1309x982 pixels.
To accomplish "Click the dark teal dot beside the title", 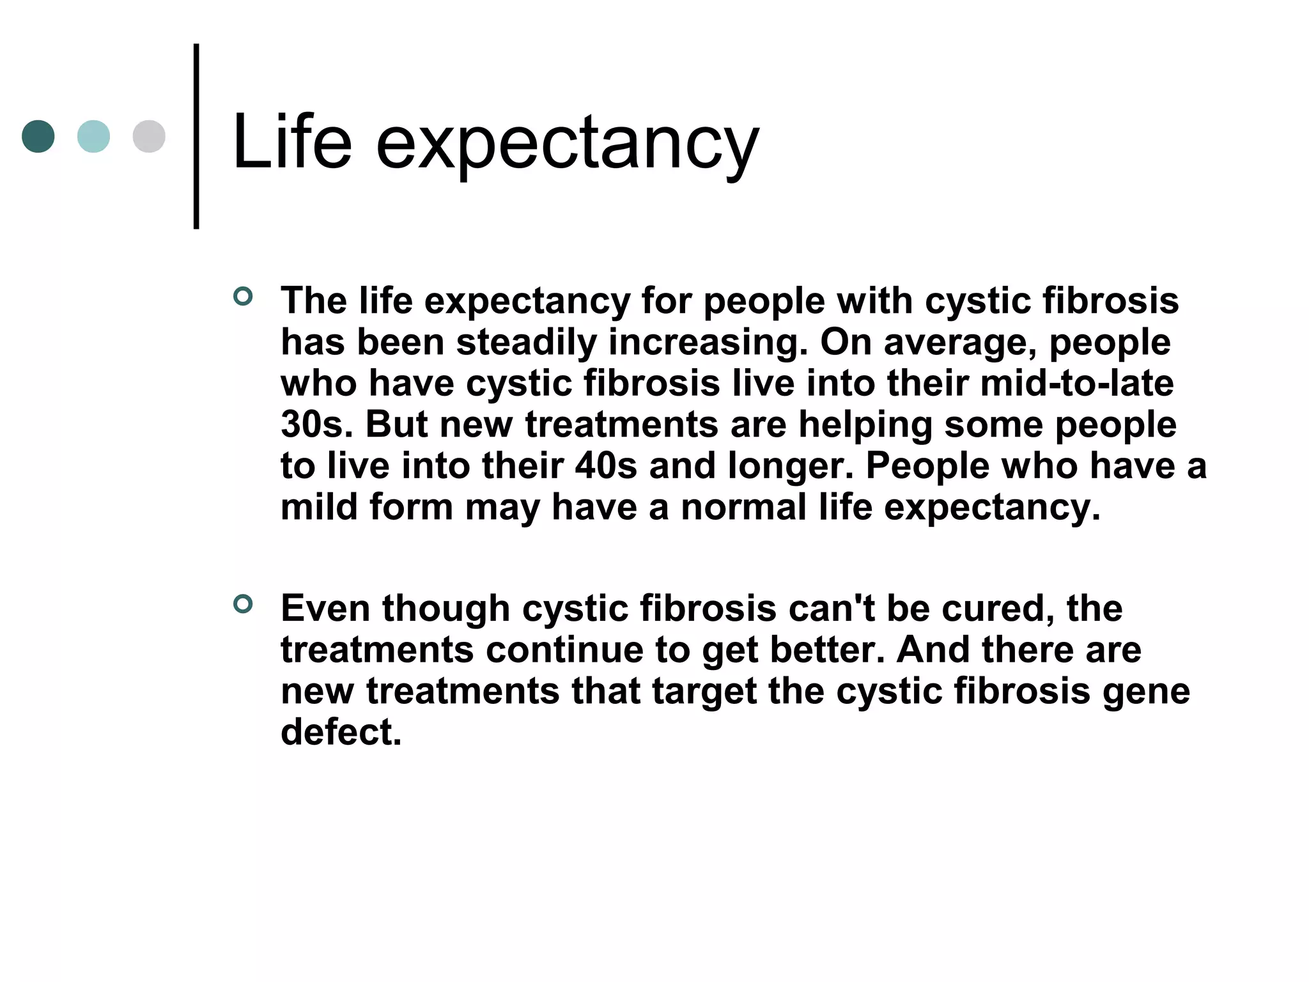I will click(38, 136).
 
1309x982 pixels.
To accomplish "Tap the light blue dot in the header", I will click(93, 136).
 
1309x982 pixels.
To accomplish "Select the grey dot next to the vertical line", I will click(149, 136).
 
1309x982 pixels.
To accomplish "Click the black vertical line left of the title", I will click(196, 136).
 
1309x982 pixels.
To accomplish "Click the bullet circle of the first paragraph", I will click(243, 297).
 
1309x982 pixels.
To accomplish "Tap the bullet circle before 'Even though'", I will click(243, 604).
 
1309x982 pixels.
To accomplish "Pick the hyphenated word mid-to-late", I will click(1076, 383).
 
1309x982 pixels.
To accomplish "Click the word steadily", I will click(526, 342).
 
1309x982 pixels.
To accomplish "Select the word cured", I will click(998, 608).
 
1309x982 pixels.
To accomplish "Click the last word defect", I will click(341, 732).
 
